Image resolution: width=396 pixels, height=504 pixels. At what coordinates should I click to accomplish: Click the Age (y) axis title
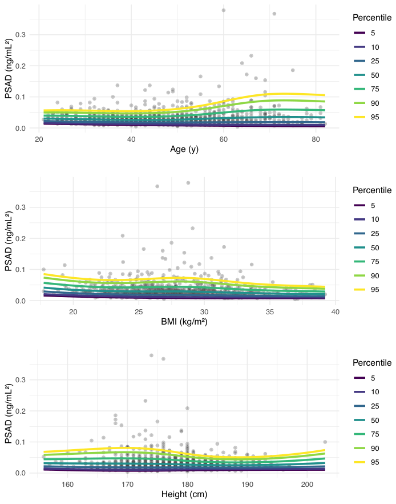(184, 149)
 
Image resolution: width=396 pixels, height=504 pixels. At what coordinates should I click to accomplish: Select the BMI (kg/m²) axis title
(184, 321)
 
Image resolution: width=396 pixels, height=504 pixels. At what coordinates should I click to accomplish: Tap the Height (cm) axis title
(184, 494)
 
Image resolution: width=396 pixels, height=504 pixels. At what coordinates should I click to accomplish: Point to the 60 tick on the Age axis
(223, 139)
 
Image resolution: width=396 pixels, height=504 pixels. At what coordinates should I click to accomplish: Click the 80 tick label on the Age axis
(316, 139)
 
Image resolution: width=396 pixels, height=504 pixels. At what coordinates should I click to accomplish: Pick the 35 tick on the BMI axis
(270, 312)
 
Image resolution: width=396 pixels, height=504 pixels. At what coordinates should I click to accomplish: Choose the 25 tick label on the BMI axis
(139, 312)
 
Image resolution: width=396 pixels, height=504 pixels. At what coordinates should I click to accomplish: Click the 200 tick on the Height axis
(307, 485)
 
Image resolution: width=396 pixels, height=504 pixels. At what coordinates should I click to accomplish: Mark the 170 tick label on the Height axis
(127, 485)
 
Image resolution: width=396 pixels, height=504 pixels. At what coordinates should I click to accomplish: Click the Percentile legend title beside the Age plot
(372, 18)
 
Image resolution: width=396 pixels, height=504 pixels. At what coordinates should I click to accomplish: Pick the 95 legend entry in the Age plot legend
(366, 117)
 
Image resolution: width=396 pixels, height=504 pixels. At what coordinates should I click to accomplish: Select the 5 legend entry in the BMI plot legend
(364, 205)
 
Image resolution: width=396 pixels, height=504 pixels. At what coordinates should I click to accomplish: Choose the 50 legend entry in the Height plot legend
(366, 421)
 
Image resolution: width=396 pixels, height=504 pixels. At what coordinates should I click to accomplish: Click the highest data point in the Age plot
(224, 10)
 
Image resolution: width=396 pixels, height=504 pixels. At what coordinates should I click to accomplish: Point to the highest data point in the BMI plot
(188, 183)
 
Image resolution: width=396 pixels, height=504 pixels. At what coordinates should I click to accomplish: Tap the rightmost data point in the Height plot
(325, 442)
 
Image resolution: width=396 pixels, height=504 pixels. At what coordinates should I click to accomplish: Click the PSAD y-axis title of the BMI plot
(9, 241)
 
